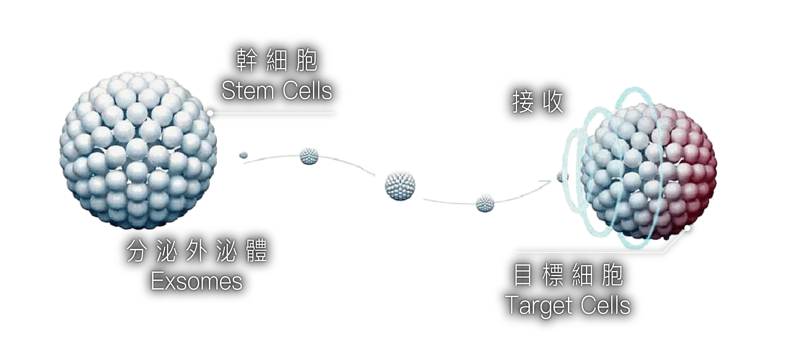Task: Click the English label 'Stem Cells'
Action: (x=277, y=91)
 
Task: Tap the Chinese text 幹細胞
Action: (x=277, y=61)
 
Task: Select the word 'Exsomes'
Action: (x=197, y=281)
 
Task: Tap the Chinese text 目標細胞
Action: (x=568, y=276)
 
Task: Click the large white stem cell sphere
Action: (x=138, y=152)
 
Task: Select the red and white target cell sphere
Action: (x=648, y=174)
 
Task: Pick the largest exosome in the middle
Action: (x=400, y=186)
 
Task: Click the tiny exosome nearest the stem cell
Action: (x=244, y=154)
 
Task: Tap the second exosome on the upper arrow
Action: (x=309, y=156)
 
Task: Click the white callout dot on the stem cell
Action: (x=210, y=113)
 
